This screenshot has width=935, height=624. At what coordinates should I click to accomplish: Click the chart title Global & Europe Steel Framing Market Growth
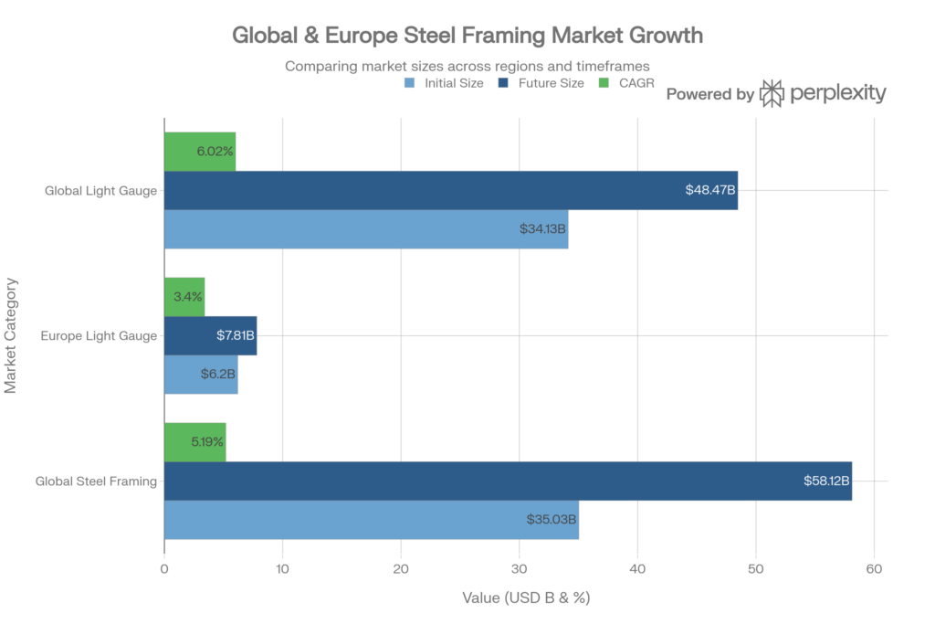467,37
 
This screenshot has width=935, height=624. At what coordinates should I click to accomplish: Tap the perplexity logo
823,93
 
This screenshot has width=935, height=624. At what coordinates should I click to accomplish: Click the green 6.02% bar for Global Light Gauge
200,151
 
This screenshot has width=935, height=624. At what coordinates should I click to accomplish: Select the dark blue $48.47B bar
451,190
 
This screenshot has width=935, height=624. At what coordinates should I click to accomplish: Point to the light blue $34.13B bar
366,229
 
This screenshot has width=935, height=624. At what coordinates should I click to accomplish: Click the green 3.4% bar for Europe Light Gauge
184,296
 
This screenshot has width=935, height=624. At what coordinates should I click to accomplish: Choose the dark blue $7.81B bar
210,335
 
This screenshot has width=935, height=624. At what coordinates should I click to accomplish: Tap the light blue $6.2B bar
201,375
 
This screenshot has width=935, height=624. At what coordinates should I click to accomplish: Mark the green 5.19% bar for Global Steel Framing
195,441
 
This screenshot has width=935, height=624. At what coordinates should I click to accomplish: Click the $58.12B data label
826,481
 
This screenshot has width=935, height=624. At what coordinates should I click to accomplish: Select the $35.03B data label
552,520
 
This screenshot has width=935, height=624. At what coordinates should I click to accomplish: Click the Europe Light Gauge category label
100,335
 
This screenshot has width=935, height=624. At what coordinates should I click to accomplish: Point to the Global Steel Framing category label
96,481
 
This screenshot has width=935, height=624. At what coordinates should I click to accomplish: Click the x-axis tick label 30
519,569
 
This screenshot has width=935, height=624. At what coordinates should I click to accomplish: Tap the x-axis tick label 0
164,569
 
